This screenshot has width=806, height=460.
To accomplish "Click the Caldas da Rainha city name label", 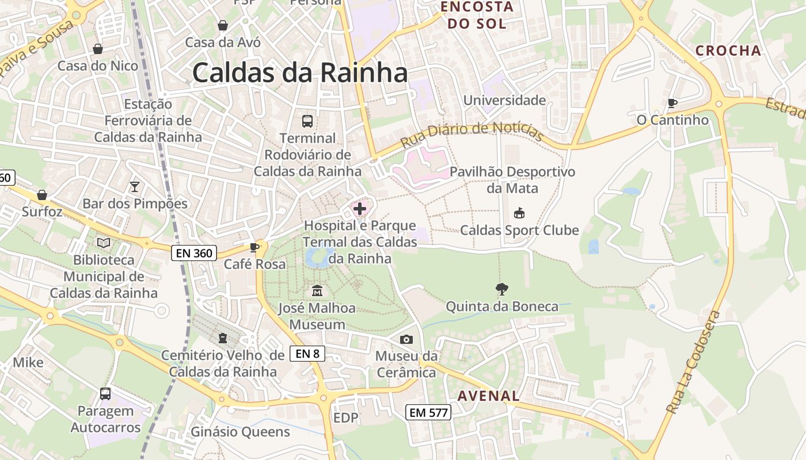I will click(x=300, y=73).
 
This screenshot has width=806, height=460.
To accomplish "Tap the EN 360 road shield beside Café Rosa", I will click(x=193, y=252).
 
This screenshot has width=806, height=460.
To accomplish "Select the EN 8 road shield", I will click(x=307, y=354).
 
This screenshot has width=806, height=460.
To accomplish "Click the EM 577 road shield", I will click(x=428, y=412).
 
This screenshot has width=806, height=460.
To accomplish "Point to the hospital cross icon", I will click(x=360, y=208).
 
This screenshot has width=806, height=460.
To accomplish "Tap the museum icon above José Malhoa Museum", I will click(x=317, y=291).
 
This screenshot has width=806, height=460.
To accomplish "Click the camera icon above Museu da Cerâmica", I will click(x=406, y=339).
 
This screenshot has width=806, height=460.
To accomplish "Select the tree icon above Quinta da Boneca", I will click(x=502, y=289).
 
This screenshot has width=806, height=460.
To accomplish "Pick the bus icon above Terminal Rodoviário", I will click(x=307, y=121).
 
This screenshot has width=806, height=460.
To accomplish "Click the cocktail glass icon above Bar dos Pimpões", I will click(x=135, y=186).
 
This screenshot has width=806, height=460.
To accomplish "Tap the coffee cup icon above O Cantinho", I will click(x=672, y=103).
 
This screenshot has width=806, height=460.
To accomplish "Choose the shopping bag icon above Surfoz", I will click(x=41, y=195).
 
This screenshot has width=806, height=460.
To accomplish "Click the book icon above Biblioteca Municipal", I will click(x=104, y=243).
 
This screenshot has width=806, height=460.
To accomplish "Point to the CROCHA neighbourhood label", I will click(x=728, y=51).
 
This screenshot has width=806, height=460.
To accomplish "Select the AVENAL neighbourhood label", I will click(x=489, y=396).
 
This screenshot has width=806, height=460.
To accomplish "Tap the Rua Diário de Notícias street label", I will click(x=472, y=133).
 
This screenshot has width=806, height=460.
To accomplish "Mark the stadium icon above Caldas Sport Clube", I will click(x=519, y=213).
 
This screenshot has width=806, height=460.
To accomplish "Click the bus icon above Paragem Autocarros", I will click(x=105, y=394).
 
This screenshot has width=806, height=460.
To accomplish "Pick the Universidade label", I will click(x=504, y=100).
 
